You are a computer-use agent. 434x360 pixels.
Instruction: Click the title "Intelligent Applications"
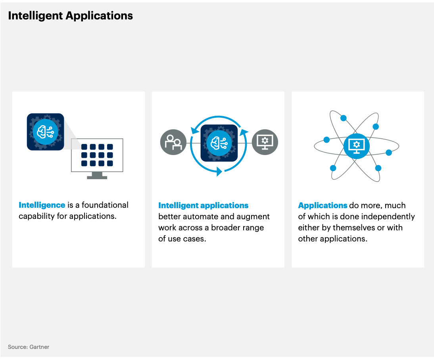[70, 16]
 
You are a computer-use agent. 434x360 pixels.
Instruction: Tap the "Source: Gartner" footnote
[29, 347]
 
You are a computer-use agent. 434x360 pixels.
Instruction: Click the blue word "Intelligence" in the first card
[42, 205]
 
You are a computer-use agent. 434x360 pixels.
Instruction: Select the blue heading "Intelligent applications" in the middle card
[203, 205]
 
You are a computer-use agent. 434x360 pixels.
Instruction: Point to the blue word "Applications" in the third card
[323, 205]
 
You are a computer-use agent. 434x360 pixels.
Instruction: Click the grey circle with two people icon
[173, 142]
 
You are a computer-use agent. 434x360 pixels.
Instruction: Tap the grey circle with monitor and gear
[265, 142]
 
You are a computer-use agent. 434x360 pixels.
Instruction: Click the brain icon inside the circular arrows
[219, 143]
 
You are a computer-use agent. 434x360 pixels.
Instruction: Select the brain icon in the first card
[45, 132]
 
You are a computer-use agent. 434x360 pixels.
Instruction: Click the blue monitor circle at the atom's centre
[357, 146]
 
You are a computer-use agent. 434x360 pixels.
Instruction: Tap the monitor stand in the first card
[97, 175]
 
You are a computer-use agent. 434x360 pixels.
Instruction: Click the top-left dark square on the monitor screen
[84, 147]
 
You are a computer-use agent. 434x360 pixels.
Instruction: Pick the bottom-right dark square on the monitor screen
[110, 163]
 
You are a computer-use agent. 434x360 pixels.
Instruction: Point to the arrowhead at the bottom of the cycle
[219, 172]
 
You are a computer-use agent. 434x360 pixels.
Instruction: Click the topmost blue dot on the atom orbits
[344, 118]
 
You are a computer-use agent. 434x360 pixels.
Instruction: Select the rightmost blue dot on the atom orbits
[389, 153]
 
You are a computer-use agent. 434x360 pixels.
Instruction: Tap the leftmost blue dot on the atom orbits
[326, 140]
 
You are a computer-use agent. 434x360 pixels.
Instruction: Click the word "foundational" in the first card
[105, 205]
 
